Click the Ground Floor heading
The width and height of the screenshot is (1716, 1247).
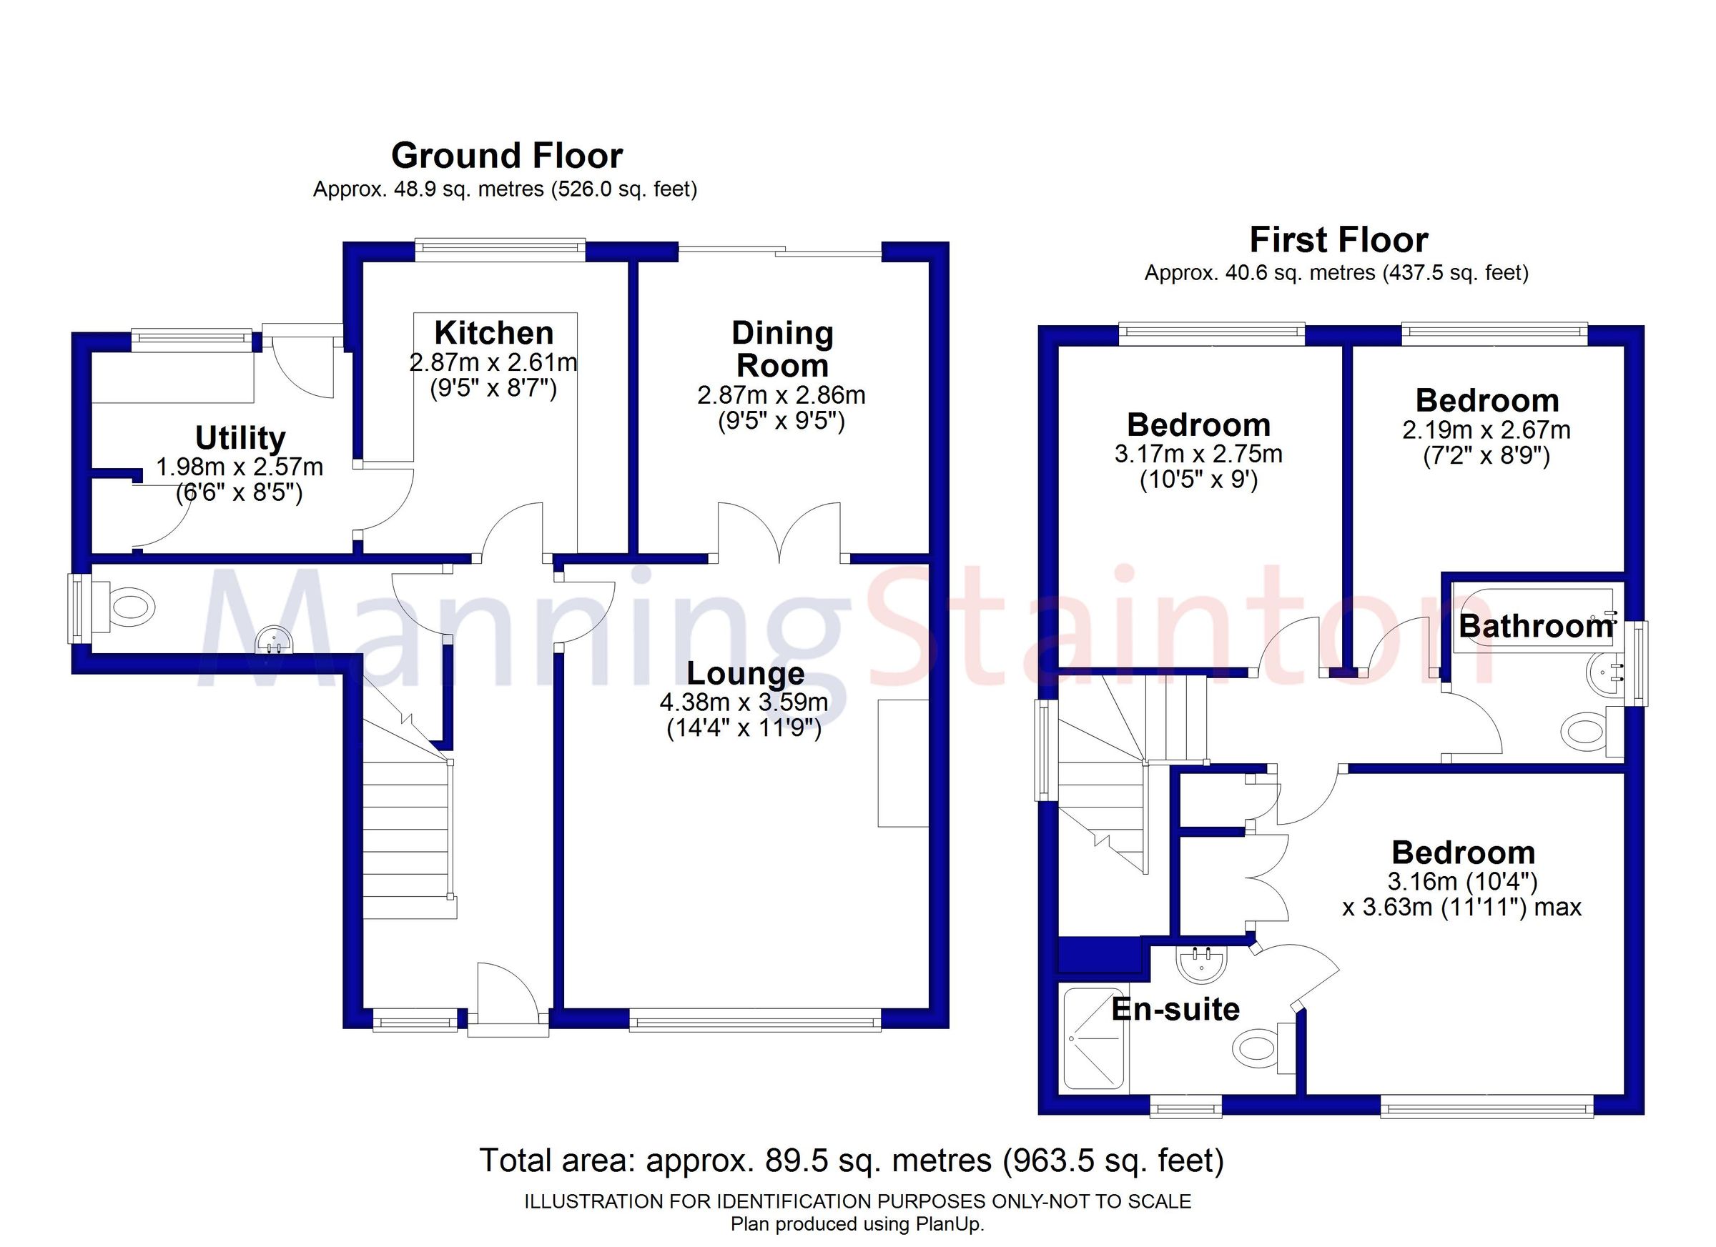coord(506,156)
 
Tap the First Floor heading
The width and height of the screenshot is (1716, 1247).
coord(1338,241)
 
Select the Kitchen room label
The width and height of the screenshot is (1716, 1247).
coord(493,333)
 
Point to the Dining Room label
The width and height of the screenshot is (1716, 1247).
coord(781,349)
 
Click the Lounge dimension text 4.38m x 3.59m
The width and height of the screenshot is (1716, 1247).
coord(744,702)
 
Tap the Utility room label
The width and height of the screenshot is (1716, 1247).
coord(240,438)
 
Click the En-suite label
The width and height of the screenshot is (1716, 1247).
coord(1175,1010)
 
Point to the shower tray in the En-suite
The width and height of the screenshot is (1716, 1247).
coord(1093,1040)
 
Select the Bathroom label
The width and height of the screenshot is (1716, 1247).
coord(1535,626)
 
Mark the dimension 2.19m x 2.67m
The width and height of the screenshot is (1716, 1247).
coord(1486,430)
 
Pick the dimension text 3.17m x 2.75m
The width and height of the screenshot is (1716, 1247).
coord(1198,454)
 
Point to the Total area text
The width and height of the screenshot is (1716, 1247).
coord(851,1160)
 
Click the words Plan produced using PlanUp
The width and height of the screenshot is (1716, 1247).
coord(857,1223)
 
